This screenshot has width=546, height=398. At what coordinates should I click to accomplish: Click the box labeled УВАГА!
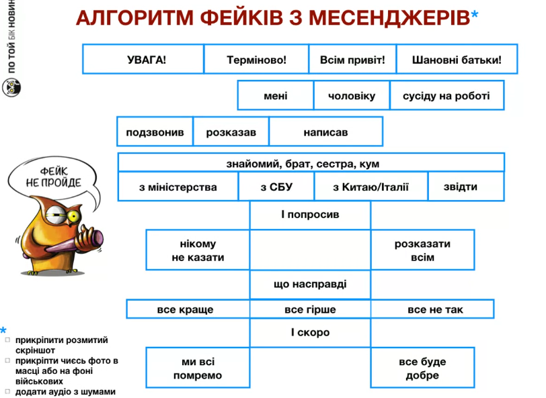(x=143, y=59)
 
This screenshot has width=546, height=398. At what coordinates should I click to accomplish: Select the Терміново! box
(x=256, y=59)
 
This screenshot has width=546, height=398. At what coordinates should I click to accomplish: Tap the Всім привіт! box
(x=352, y=59)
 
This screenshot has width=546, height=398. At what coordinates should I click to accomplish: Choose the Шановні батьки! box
(x=457, y=59)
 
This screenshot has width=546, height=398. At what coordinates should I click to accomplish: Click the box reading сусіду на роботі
(x=446, y=96)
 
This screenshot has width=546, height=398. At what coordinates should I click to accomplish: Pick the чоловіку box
(x=351, y=96)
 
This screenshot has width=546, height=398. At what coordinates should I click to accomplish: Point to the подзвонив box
(x=155, y=132)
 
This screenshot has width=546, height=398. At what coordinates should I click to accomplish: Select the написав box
(x=325, y=132)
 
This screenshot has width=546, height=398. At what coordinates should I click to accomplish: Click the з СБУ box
(x=276, y=187)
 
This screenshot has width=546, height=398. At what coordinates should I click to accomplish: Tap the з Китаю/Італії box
(x=370, y=187)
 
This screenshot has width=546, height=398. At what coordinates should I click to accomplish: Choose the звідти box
(x=465, y=187)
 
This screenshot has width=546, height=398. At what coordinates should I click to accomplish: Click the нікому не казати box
(x=198, y=250)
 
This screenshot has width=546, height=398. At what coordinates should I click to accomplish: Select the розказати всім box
(x=422, y=250)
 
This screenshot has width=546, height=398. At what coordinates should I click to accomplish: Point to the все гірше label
(x=310, y=309)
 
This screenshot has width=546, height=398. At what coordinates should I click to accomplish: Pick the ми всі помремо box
(x=198, y=368)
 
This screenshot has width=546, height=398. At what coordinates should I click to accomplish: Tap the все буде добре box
(x=422, y=368)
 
